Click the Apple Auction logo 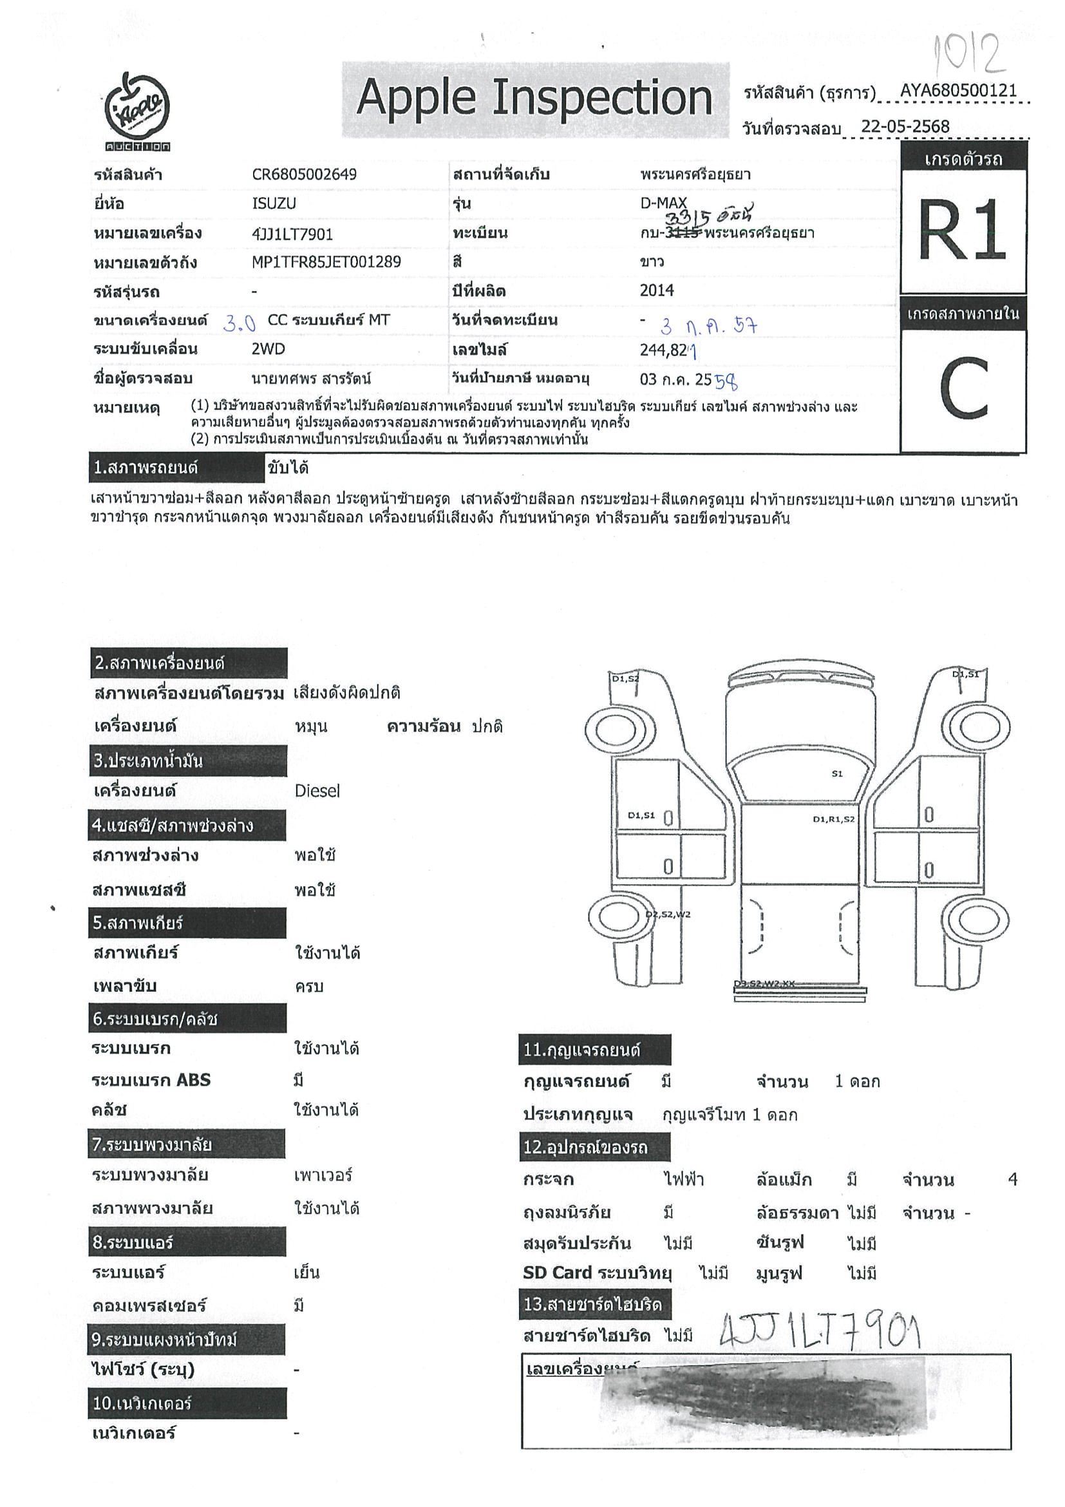138,110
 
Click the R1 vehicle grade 962,231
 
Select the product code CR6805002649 305,175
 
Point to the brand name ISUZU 274,204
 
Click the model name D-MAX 663,204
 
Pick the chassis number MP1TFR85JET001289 326,263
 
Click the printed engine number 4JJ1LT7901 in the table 293,234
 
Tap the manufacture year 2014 657,290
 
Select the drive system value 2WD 269,349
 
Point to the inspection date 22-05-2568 905,127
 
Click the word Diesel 317,791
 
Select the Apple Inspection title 534,99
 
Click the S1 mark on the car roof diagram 836,774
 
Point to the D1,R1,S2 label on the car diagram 833,819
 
